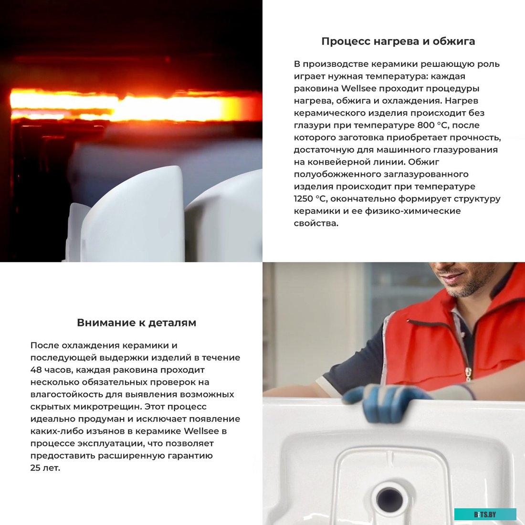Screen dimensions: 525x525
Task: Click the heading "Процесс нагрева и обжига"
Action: coord(398,41)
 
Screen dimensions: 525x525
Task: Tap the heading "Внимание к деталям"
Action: coord(136,323)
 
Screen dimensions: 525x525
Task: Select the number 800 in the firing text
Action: coord(426,125)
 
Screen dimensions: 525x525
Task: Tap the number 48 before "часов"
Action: coord(36,370)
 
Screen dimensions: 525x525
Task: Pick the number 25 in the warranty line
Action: coord(35,468)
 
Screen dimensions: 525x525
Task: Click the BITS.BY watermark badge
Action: coord(485,514)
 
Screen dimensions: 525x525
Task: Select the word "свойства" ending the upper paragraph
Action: coord(316,223)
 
